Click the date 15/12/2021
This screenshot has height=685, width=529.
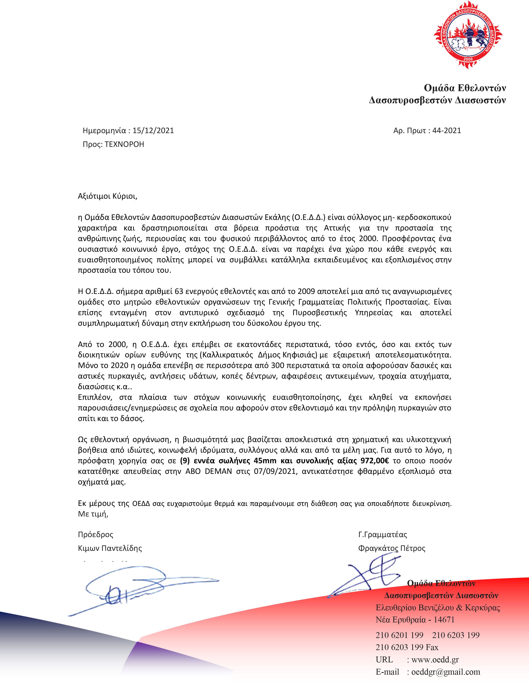click(x=153, y=130)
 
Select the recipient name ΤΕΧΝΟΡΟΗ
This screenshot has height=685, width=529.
click(x=124, y=144)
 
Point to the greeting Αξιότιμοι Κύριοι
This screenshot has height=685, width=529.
click(x=107, y=196)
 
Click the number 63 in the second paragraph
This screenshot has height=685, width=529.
click(x=179, y=291)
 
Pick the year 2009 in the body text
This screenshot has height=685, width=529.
click(x=306, y=291)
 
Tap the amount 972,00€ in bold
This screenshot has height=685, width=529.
click(x=375, y=461)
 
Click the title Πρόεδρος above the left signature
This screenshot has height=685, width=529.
click(x=96, y=534)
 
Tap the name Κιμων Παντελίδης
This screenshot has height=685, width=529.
click(x=110, y=548)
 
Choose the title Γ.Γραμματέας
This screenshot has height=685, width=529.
click(x=382, y=534)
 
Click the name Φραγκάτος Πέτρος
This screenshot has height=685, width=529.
click(x=392, y=548)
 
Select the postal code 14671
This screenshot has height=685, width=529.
click(x=444, y=620)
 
